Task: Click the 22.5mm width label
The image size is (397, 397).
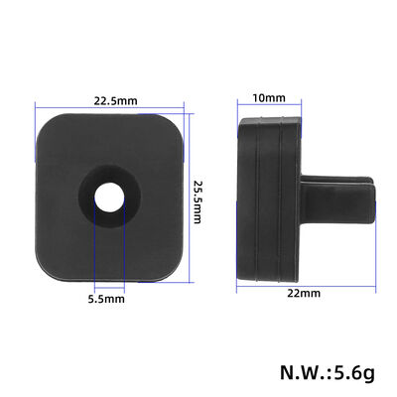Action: click(x=115, y=99)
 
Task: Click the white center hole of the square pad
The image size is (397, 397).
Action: click(x=106, y=196)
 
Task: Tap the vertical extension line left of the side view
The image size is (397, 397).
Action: click(x=238, y=198)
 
